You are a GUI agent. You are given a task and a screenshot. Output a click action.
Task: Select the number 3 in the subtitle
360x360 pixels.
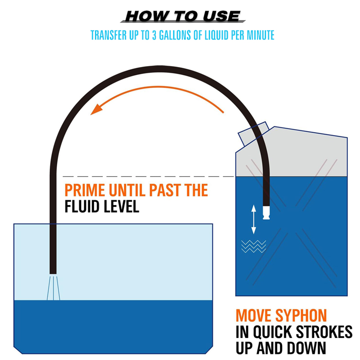154,35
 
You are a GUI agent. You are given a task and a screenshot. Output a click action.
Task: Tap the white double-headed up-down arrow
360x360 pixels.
253,219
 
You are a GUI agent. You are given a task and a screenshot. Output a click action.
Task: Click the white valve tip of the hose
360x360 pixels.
266,212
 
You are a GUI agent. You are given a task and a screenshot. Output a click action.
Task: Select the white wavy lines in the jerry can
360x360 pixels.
253,246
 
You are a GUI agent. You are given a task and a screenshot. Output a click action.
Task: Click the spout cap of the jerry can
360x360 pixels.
253,134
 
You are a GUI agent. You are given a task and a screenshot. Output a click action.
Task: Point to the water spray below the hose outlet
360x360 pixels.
53,288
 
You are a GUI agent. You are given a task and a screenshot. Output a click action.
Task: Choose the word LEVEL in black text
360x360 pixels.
121,207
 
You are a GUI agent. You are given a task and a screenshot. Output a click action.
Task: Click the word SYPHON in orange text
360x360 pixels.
301,315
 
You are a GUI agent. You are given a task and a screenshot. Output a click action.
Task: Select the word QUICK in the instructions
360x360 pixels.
273,332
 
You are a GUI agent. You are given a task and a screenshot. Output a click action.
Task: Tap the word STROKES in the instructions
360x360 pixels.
324,332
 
